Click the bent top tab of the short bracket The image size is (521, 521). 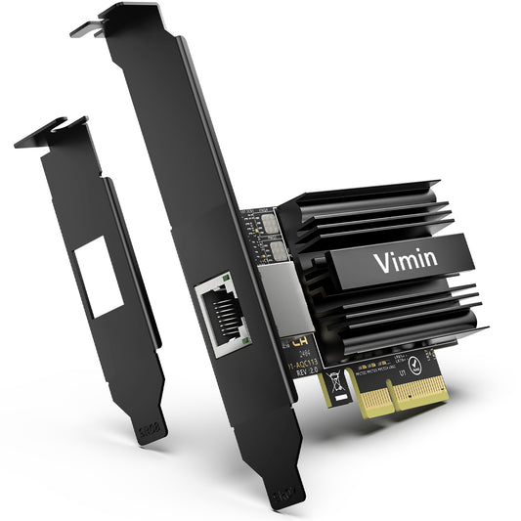pos(44,133)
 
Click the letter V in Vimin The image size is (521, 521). pos(379,263)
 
